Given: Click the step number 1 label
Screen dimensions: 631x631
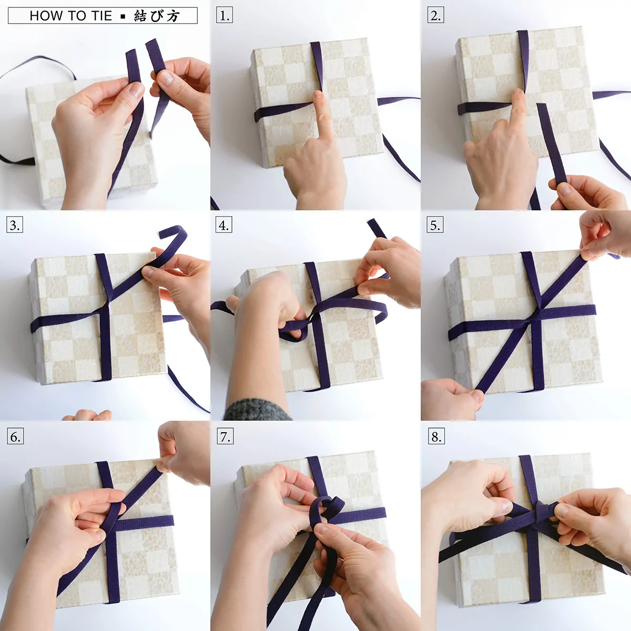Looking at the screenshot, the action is pyautogui.click(x=225, y=15).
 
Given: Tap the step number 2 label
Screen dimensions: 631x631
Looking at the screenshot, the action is pyautogui.click(x=435, y=15).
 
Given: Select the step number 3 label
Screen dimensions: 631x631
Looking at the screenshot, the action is pyautogui.click(x=15, y=225).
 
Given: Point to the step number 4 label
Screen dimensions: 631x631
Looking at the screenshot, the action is pyautogui.click(x=224, y=225).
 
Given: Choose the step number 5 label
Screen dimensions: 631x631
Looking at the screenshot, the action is pyautogui.click(x=435, y=225).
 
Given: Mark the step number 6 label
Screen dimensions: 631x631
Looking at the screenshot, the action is pyautogui.click(x=15, y=436).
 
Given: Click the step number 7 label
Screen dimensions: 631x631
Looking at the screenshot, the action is pyautogui.click(x=225, y=436).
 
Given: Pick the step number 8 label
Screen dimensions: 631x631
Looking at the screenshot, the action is pyautogui.click(x=436, y=436).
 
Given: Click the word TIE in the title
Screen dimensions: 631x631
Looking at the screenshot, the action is pyautogui.click(x=102, y=16).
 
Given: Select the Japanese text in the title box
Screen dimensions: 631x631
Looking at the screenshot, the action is pyautogui.click(x=157, y=16).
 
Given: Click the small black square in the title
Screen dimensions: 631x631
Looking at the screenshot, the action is pyautogui.click(x=123, y=16).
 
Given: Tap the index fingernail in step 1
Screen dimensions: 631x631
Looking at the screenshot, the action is pyautogui.click(x=317, y=95).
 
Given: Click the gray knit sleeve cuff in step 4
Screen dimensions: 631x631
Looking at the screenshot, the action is pyautogui.click(x=257, y=410).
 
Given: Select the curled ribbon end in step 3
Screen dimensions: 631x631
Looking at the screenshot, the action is pyautogui.click(x=174, y=232).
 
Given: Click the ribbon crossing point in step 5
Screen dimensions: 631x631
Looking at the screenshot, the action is pyautogui.click(x=537, y=315).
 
